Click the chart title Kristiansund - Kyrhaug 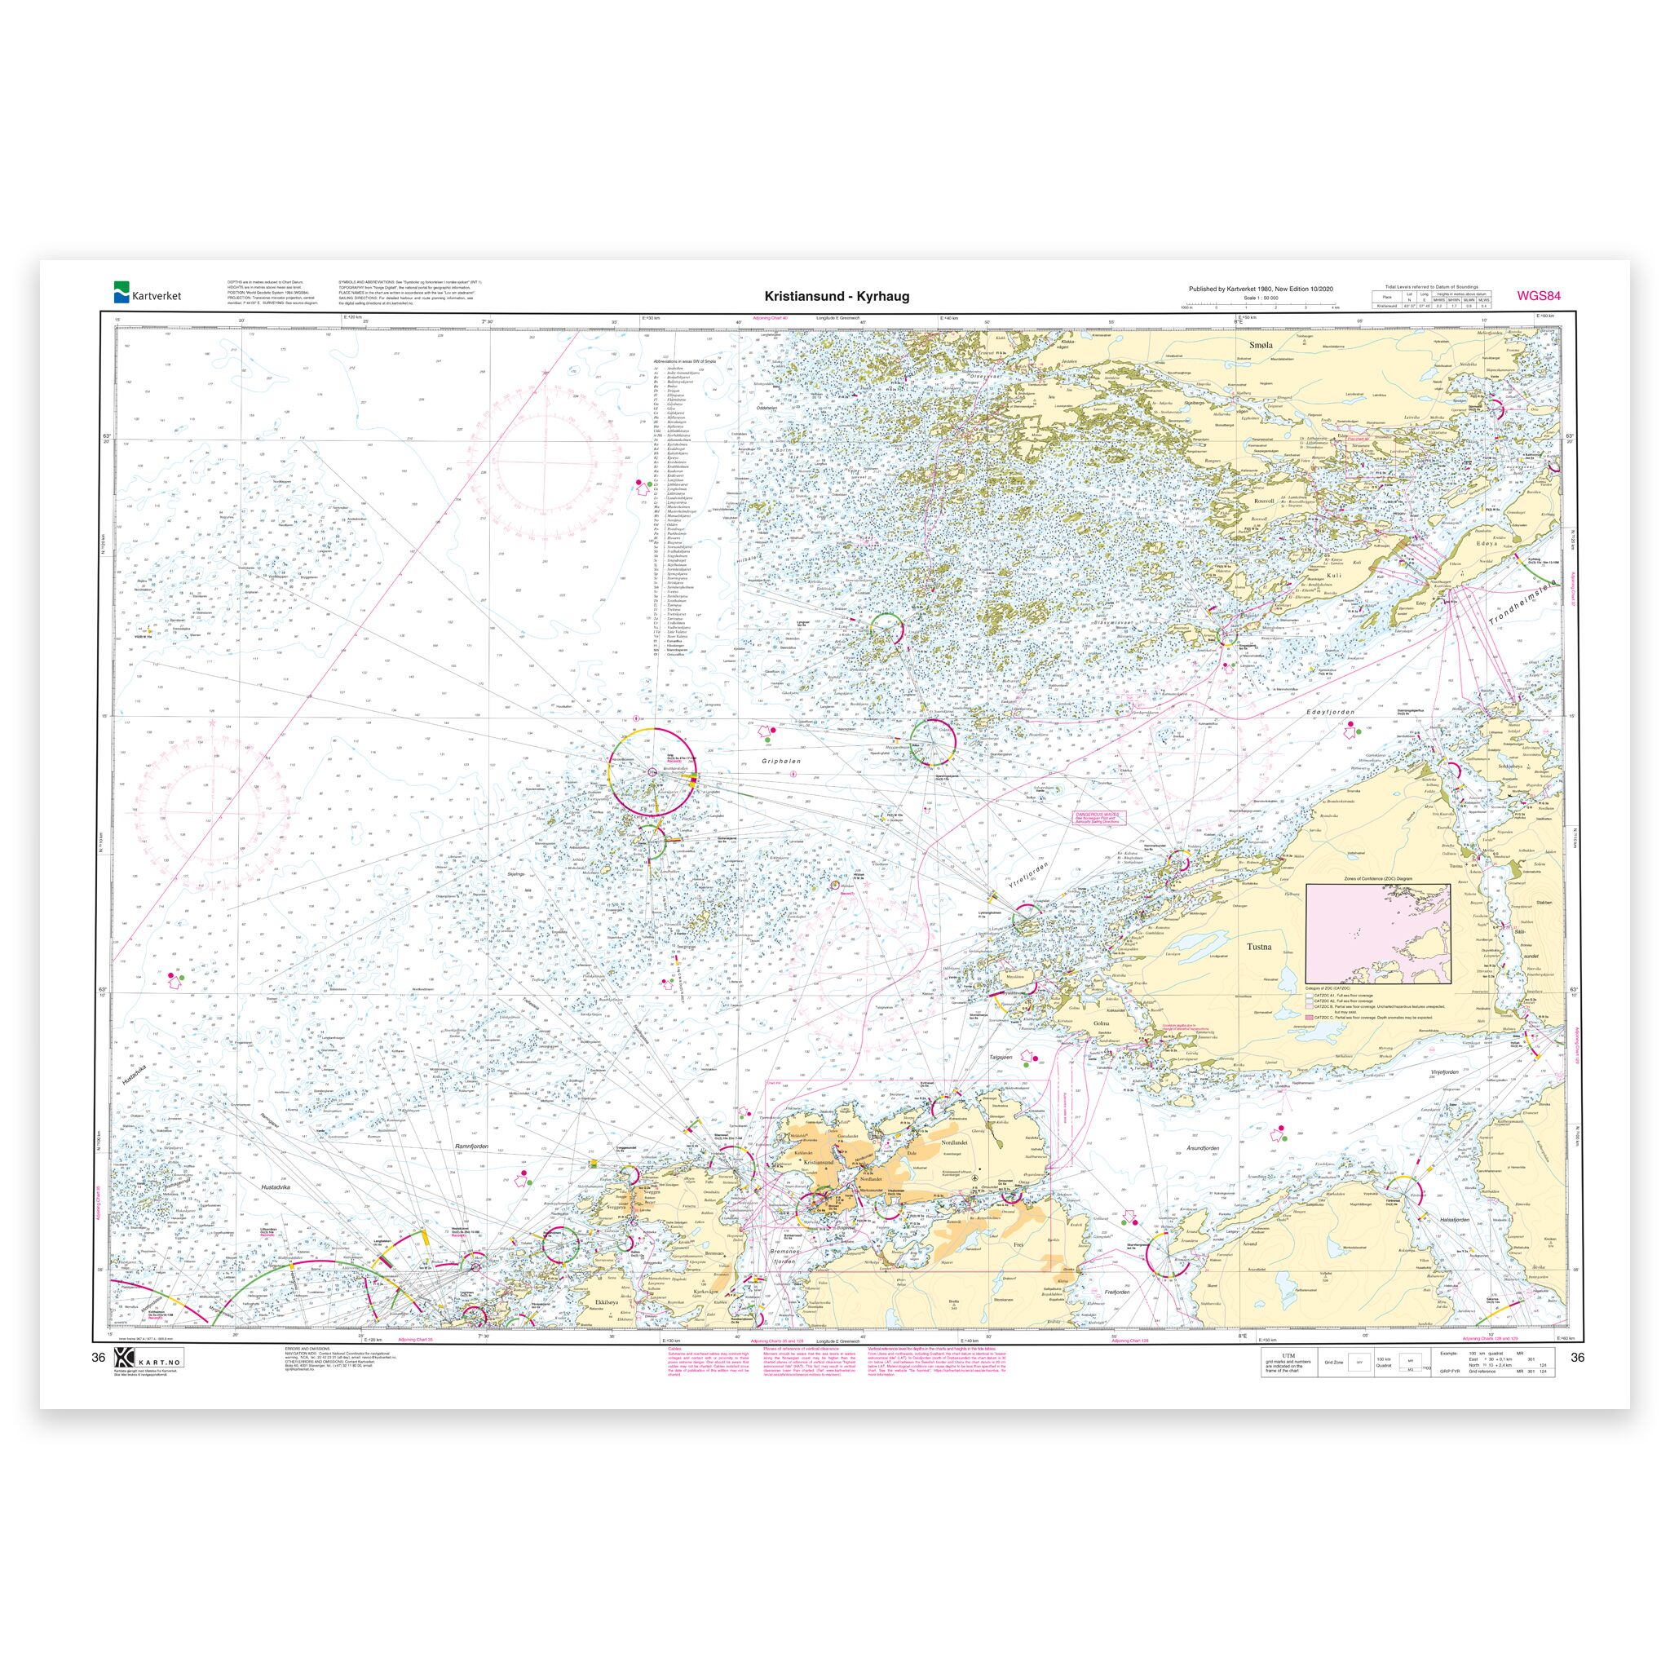point(836,297)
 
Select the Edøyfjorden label point(1329,710)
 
